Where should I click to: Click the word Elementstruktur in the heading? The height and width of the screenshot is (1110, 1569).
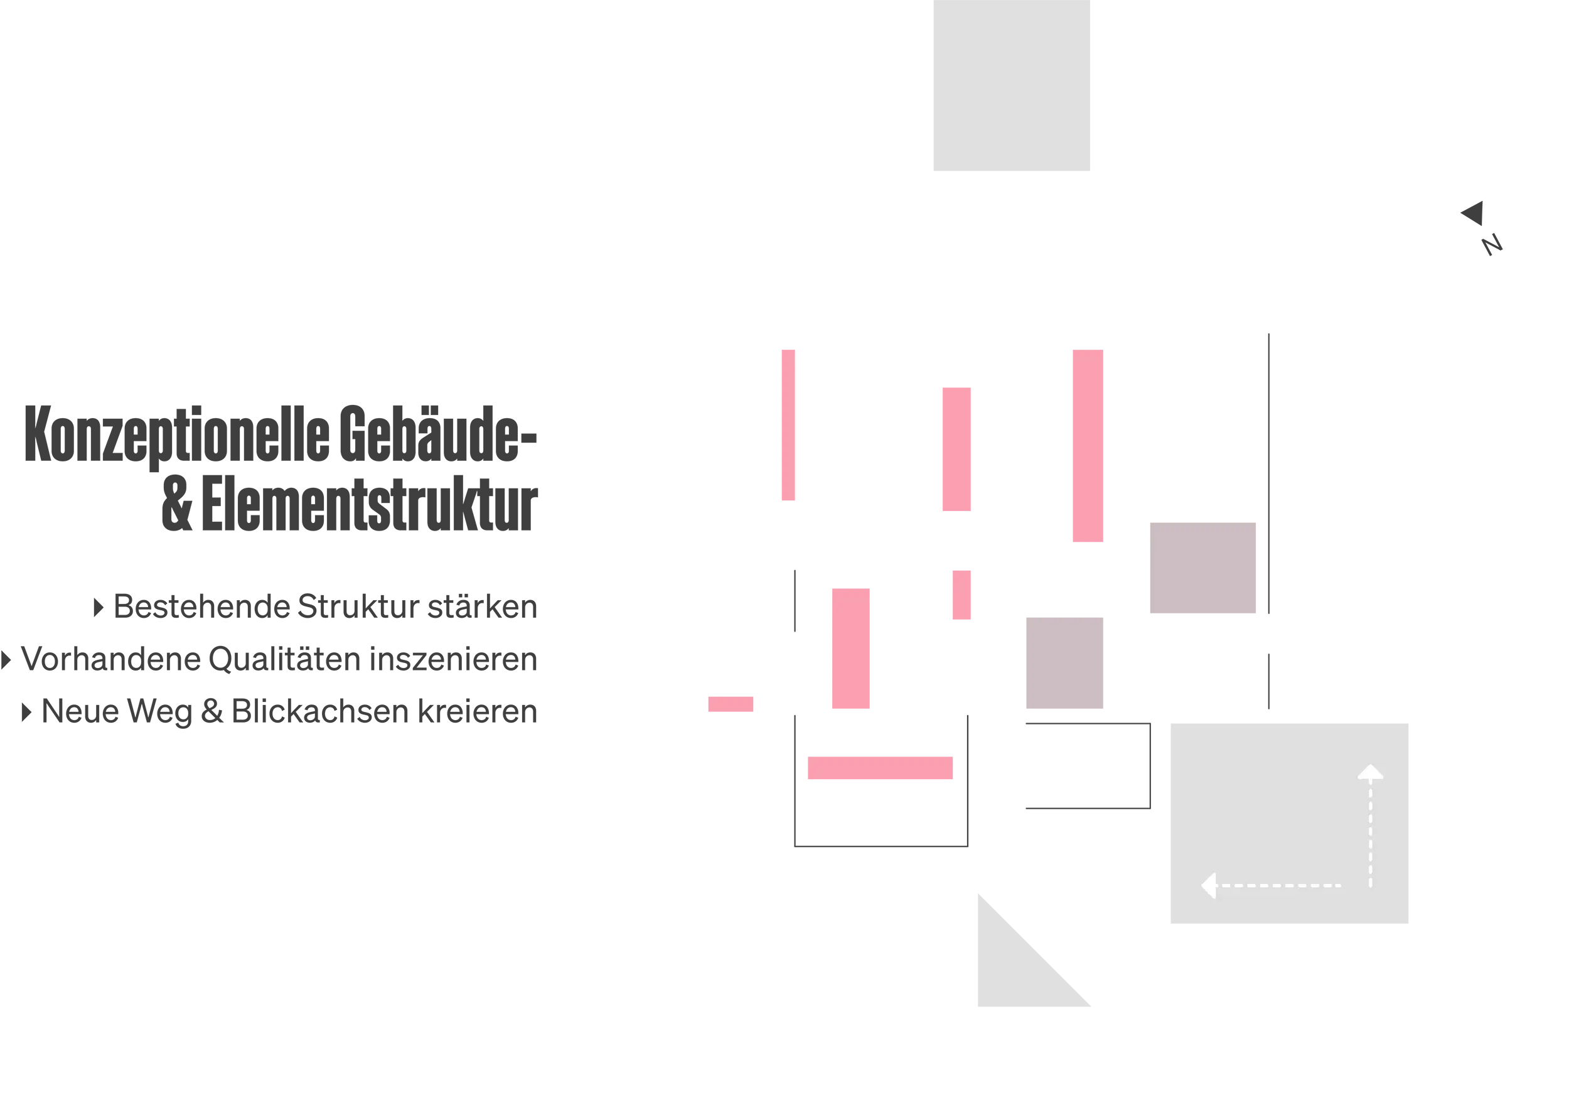(x=370, y=504)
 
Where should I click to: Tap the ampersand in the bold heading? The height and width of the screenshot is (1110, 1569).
(x=177, y=504)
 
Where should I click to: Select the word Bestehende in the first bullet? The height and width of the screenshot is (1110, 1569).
(x=201, y=606)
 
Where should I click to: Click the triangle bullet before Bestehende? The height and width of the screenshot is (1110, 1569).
(x=99, y=608)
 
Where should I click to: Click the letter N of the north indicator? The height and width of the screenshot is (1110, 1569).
(x=1492, y=245)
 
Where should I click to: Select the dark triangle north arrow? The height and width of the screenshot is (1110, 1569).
(x=1474, y=213)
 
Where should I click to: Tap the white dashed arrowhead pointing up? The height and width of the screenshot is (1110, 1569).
(x=1370, y=772)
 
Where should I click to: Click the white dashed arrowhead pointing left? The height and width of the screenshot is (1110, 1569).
(x=1209, y=886)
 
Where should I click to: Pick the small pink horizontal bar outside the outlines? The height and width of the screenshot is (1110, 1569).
(x=731, y=704)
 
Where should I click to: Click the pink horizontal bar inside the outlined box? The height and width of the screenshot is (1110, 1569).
(x=880, y=768)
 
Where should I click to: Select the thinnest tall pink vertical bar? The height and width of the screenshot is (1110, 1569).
(x=788, y=425)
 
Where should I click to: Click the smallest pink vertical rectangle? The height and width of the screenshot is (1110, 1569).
(x=961, y=595)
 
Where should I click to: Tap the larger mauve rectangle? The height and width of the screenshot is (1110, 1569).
(x=1202, y=568)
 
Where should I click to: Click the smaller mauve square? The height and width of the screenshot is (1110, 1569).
(x=1064, y=663)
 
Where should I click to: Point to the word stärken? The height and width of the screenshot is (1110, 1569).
(x=483, y=606)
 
